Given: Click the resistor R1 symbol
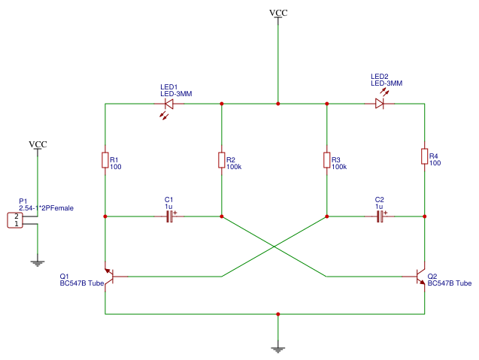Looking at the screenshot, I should tap(105, 160).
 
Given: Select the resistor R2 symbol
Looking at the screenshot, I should tap(221, 160).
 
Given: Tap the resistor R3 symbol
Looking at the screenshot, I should tap(326, 160).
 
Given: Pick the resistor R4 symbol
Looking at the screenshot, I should tap(424, 156).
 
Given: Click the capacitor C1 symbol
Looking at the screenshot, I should tap(169, 216).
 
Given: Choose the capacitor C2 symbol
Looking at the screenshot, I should tap(380, 216).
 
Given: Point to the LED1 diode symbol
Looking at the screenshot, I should tap(168, 104).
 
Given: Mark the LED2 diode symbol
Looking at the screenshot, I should tap(380, 104).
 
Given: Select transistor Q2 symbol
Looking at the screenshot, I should tap(421, 276).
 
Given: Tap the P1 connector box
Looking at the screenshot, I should tap(15, 220).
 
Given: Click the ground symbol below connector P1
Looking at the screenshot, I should tap(36, 262).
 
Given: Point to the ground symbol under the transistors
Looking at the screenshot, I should tap(278, 348).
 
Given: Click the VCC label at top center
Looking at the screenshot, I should tap(278, 14).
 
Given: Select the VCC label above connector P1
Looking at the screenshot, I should tap(38, 144).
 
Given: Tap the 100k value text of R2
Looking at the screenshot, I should tap(234, 167).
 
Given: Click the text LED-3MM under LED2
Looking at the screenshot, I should tap(387, 83).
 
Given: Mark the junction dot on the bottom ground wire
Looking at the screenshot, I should tap(278, 314).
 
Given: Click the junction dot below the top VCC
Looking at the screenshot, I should tap(278, 104).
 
